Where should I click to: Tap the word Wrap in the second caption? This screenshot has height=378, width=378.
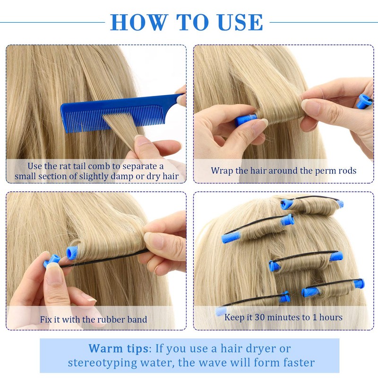pos(223,171)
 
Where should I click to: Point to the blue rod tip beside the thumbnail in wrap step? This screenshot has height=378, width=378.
pos(246,120)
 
